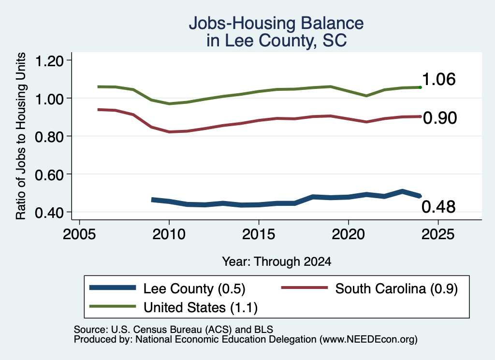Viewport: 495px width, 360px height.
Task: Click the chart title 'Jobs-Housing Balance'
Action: pyautogui.click(x=276, y=23)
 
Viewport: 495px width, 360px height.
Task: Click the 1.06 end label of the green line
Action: pyautogui.click(x=438, y=79)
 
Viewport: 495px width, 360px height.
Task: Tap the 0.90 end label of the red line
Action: pyautogui.click(x=440, y=118)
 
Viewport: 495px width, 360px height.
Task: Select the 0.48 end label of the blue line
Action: pyautogui.click(x=438, y=207)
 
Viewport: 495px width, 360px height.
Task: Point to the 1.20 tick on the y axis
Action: pyautogui.click(x=49, y=60)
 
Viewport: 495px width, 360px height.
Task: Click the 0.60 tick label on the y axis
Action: pyautogui.click(x=49, y=174)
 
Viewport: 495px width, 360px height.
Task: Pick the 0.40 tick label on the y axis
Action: pyautogui.click(x=49, y=213)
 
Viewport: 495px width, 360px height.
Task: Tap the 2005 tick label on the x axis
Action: pyautogui.click(x=80, y=234)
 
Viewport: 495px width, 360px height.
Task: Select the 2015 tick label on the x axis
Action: pyautogui.click(x=259, y=234)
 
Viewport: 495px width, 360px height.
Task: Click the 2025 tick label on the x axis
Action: pyautogui.click(x=438, y=234)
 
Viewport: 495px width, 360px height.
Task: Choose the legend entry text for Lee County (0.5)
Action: pyautogui.click(x=194, y=288)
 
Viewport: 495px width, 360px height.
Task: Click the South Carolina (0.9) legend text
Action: pyautogui.click(x=396, y=288)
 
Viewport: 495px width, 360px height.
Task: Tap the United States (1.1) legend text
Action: pyautogui.click(x=201, y=308)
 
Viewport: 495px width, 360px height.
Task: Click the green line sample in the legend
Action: pyautogui.click(x=113, y=306)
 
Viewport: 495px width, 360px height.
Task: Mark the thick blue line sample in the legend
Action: pyautogui.click(x=113, y=288)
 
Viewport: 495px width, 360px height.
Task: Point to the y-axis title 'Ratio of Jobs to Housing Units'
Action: pyautogui.click(x=21, y=136)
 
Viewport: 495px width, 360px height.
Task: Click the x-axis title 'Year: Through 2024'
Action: pyautogui.click(x=277, y=261)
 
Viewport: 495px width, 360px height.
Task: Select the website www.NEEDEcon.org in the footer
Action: pyautogui.click(x=368, y=340)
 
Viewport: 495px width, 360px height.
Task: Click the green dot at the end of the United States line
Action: pyautogui.click(x=420, y=87)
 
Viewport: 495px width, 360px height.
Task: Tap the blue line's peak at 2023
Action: pyautogui.click(x=402, y=191)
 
